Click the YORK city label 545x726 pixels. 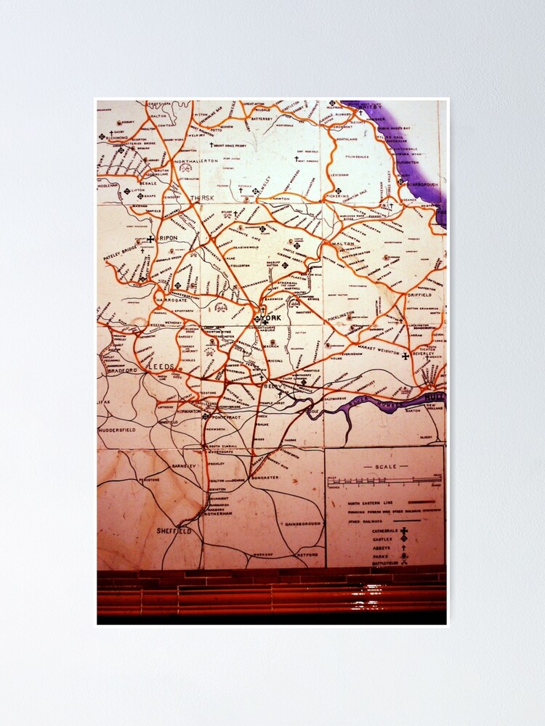(x=273, y=318)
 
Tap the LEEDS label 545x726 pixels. (x=161, y=368)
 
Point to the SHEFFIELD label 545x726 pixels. (x=174, y=531)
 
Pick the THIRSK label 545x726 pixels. (x=203, y=198)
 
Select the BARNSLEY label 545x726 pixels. (x=185, y=465)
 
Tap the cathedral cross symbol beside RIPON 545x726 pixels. (x=150, y=239)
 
